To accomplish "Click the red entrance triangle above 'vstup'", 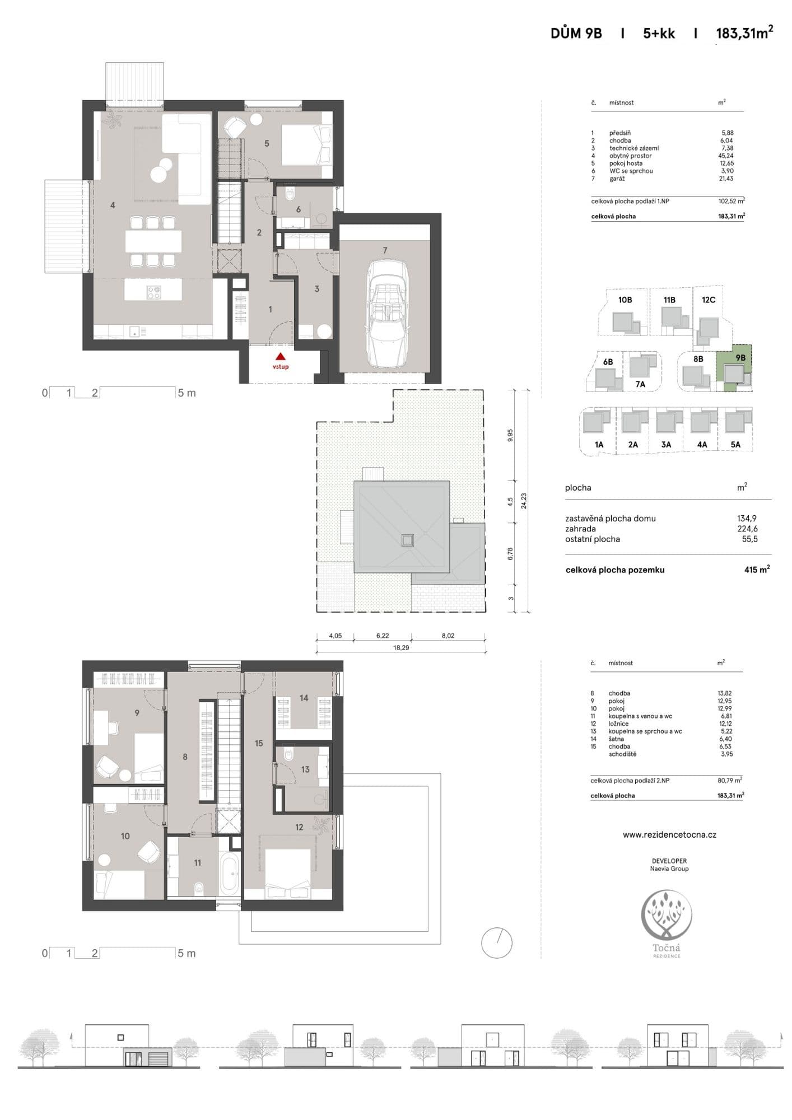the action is tap(281, 356).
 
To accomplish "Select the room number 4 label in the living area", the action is tap(113, 206).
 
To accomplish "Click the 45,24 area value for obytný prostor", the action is tap(725, 156).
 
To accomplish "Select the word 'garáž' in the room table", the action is tap(617, 179).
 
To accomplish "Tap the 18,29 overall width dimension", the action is tap(400, 647).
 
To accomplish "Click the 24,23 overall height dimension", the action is tap(524, 501).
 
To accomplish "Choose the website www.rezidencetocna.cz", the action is tap(669, 834).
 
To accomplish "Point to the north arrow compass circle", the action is tap(497, 942).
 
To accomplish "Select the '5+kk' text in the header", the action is tap(659, 34).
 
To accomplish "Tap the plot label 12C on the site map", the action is tap(709, 300).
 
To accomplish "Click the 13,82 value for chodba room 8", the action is tap(725, 693).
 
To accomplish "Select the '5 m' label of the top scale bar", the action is tap(187, 393).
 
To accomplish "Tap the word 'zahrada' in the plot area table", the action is tap(580, 529).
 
